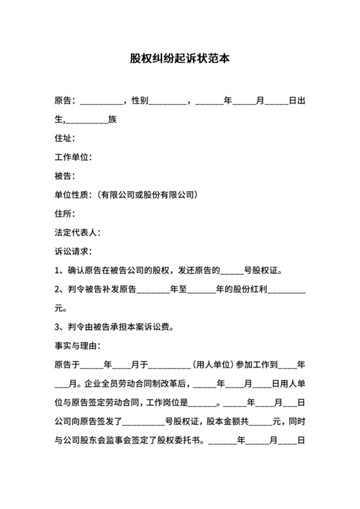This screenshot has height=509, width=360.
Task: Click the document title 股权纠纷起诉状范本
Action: click(179, 58)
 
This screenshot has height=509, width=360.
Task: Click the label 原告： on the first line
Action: click(66, 101)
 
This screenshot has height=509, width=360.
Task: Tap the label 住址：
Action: click(66, 138)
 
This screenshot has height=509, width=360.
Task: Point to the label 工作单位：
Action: click(75, 157)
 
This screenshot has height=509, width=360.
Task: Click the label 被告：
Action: click(66, 175)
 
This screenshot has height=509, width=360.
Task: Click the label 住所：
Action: click(66, 213)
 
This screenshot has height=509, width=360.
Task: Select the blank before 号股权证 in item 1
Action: click(234, 270)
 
